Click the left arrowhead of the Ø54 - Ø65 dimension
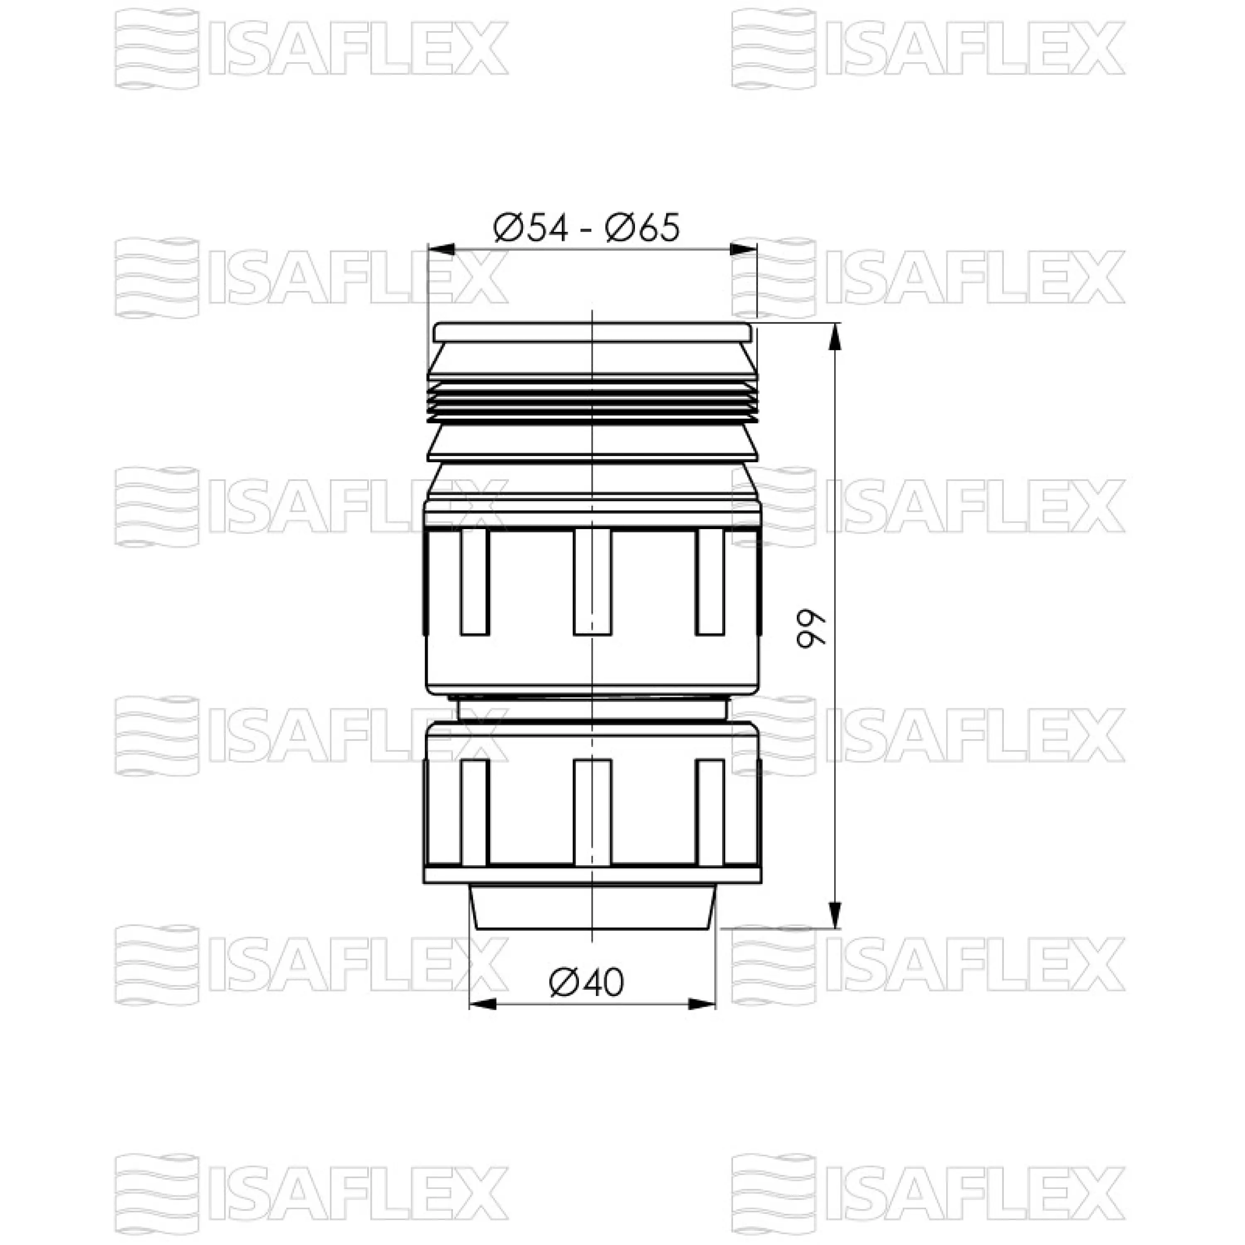442,249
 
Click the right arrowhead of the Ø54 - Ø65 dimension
743,249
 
